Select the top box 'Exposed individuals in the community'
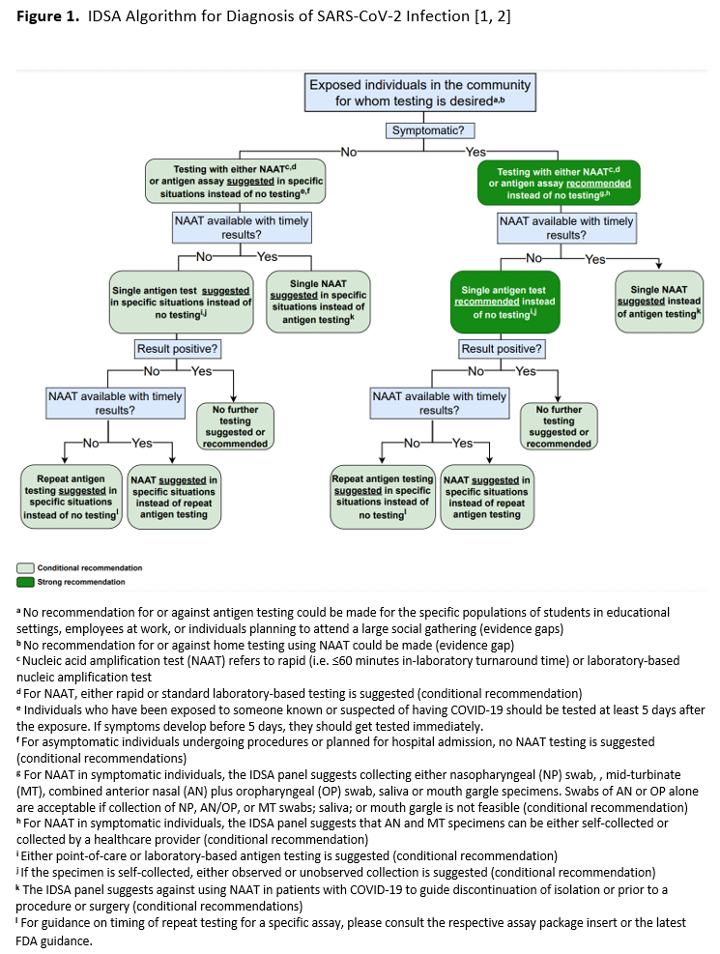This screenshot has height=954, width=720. coord(419,92)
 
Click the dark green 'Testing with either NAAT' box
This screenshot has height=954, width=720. coord(560,183)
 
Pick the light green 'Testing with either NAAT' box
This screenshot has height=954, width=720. coord(235,182)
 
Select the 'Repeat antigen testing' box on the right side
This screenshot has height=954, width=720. coord(383,497)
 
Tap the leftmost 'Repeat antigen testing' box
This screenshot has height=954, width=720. coord(71,497)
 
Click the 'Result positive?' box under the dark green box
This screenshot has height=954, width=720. coord(502,349)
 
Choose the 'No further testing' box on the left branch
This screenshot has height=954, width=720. coord(235,426)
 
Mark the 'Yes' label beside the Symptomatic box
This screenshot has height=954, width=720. coord(475,151)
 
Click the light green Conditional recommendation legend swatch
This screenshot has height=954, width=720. coord(27,568)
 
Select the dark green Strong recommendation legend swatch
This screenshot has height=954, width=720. coord(27,582)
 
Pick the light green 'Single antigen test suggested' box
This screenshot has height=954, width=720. coord(182,303)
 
